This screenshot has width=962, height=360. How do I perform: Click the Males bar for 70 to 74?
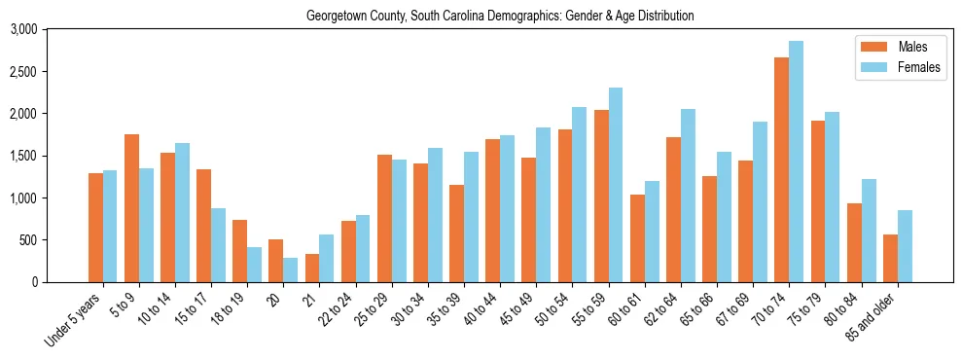[781, 170]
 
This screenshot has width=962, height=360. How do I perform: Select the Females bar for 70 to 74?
[796, 162]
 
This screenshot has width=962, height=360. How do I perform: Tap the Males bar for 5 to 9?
[131, 208]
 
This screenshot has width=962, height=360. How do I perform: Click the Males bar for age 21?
[312, 268]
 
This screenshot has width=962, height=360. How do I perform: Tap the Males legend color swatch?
[872, 47]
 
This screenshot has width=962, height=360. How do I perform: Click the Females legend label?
[918, 67]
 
